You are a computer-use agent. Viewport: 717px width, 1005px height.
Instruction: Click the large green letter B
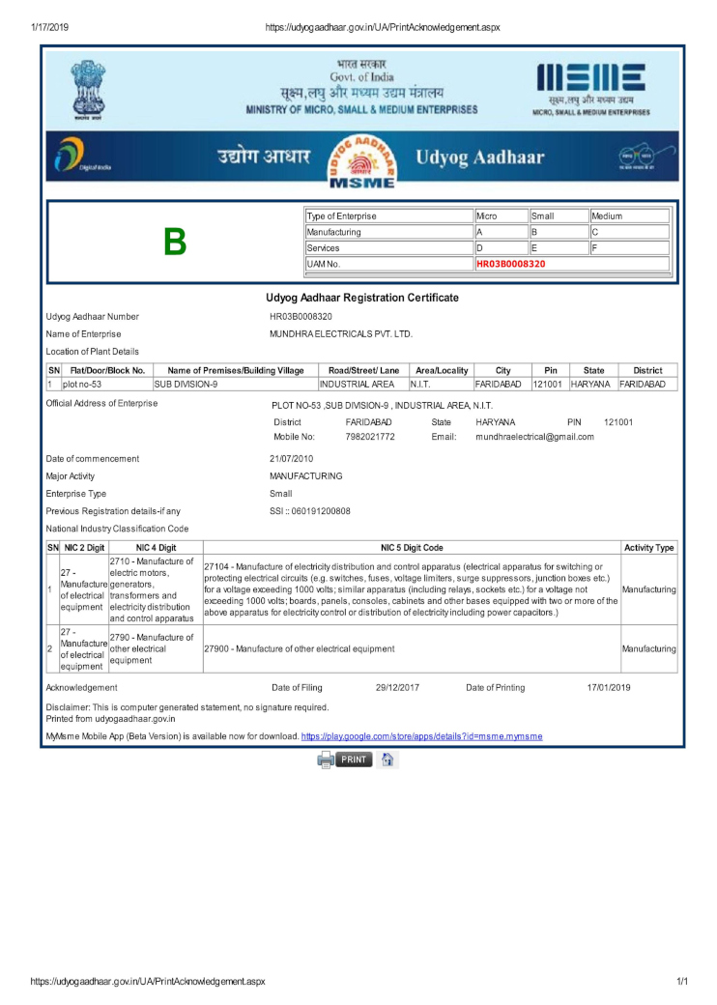click(175, 242)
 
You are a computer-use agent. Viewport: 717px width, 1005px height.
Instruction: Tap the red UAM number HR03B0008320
click(511, 264)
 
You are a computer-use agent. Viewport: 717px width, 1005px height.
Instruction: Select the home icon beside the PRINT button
click(387, 760)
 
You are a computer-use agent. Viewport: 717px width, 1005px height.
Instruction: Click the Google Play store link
click(421, 736)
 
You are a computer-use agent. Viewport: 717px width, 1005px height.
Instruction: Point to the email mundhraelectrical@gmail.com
click(534, 437)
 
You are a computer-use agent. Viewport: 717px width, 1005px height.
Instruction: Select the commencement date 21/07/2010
click(291, 459)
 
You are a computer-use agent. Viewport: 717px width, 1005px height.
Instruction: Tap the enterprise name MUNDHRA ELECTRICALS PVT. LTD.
click(341, 333)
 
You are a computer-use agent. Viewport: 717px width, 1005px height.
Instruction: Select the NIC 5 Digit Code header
click(412, 548)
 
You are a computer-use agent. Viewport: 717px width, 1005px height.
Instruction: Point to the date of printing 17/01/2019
click(609, 688)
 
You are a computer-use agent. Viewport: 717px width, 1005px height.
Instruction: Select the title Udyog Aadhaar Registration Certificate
click(362, 298)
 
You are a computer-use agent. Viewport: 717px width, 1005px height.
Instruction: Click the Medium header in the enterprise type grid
click(607, 216)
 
